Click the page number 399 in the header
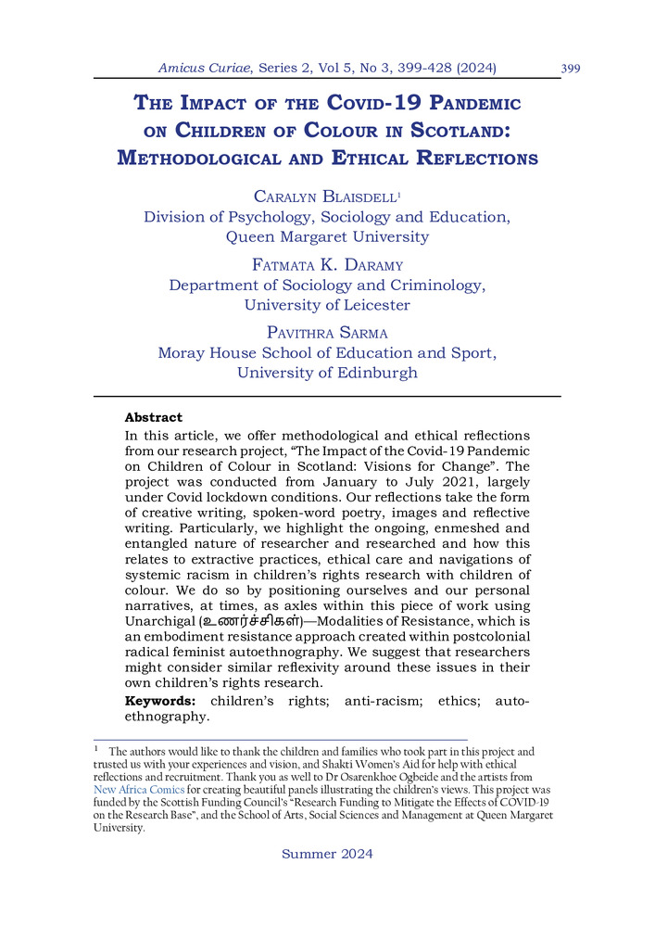[x=571, y=68]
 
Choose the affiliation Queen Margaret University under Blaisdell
[x=327, y=236]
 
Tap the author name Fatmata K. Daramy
[x=327, y=264]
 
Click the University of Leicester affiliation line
[x=327, y=304]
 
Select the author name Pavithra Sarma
[x=327, y=333]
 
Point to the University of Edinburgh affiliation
[x=327, y=373]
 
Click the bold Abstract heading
[x=154, y=417]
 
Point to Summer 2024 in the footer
[x=327, y=854]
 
